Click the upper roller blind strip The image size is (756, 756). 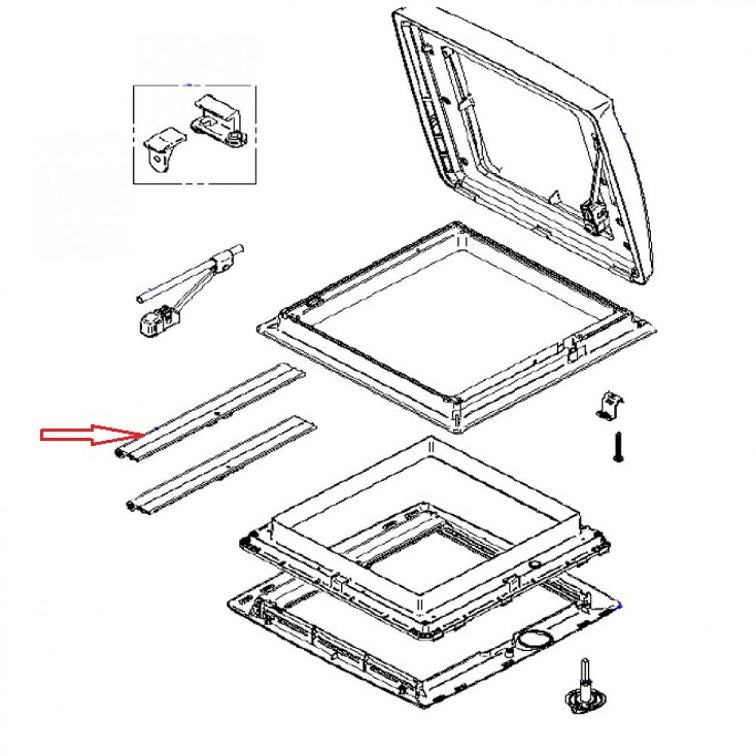coord(212,412)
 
